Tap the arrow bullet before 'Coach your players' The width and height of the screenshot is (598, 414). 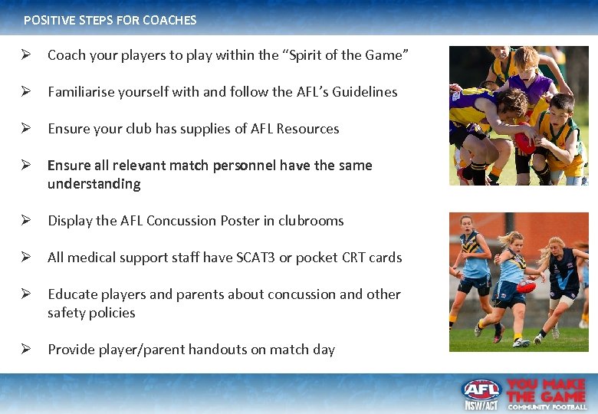click(25, 55)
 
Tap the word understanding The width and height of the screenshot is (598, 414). click(94, 184)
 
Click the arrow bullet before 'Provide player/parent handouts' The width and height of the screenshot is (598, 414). click(25, 350)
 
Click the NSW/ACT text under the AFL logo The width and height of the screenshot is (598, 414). click(481, 405)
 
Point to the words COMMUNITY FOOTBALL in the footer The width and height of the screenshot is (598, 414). click(547, 406)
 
